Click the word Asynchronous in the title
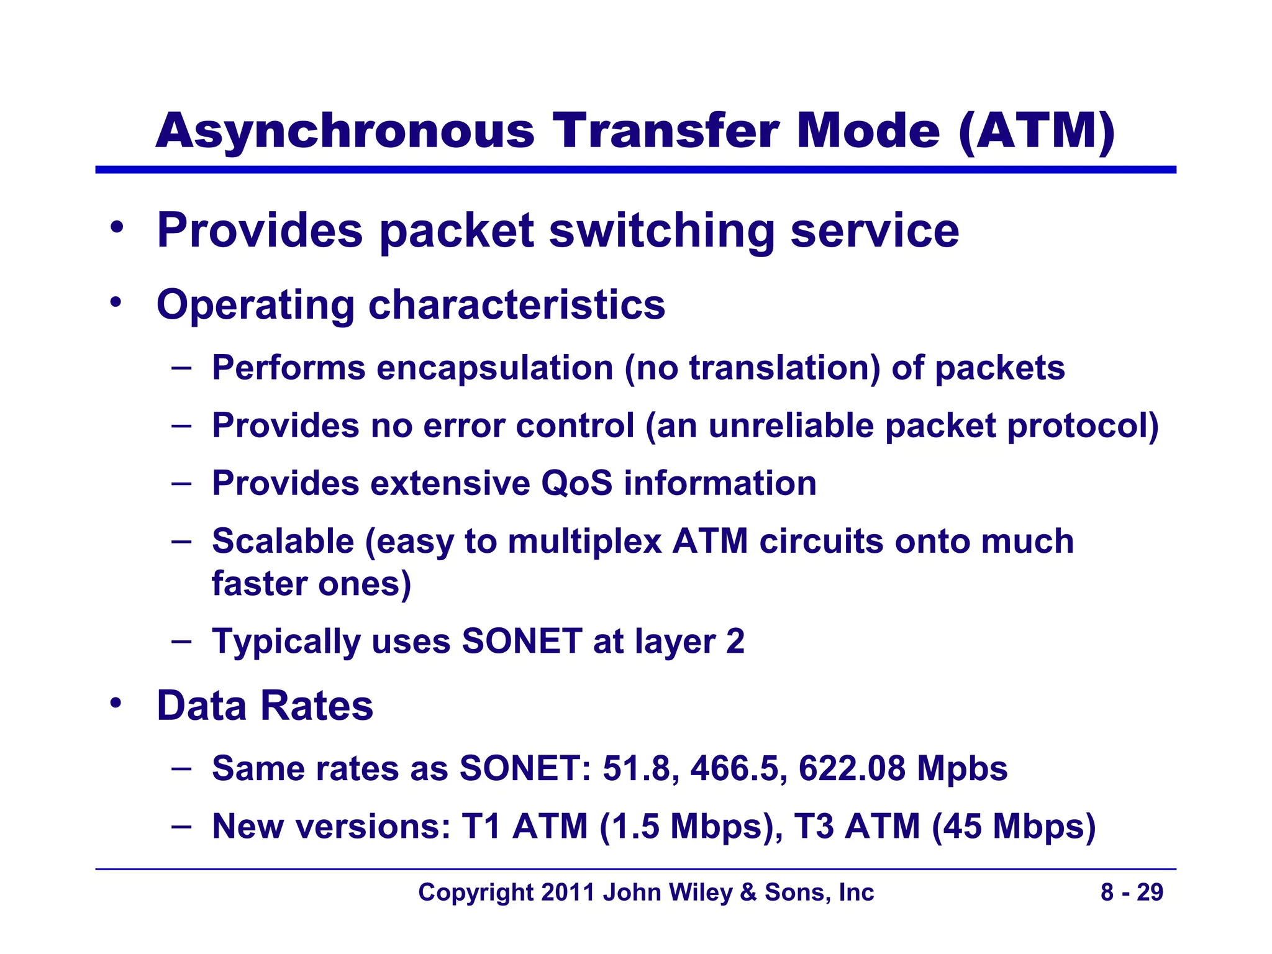tap(345, 132)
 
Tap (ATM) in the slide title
tap(1037, 132)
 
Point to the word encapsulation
tap(495, 367)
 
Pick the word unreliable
tap(791, 425)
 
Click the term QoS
tap(576, 483)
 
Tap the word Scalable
tap(283, 541)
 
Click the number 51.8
tap(637, 768)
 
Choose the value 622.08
tap(852, 768)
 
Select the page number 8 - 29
tap(1132, 893)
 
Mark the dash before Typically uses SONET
tap(181, 640)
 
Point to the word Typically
tap(286, 642)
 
